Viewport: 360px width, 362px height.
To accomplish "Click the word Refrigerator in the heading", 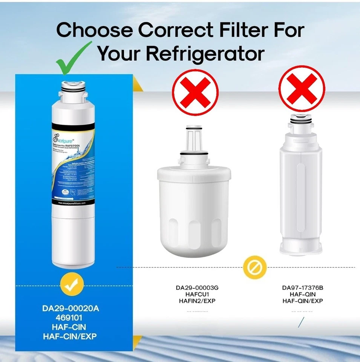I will point(204,53).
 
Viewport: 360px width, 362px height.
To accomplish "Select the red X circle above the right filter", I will point(301,89).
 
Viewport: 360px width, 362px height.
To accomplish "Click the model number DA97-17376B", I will point(302,288).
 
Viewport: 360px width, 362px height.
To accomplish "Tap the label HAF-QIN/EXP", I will point(302,301).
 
